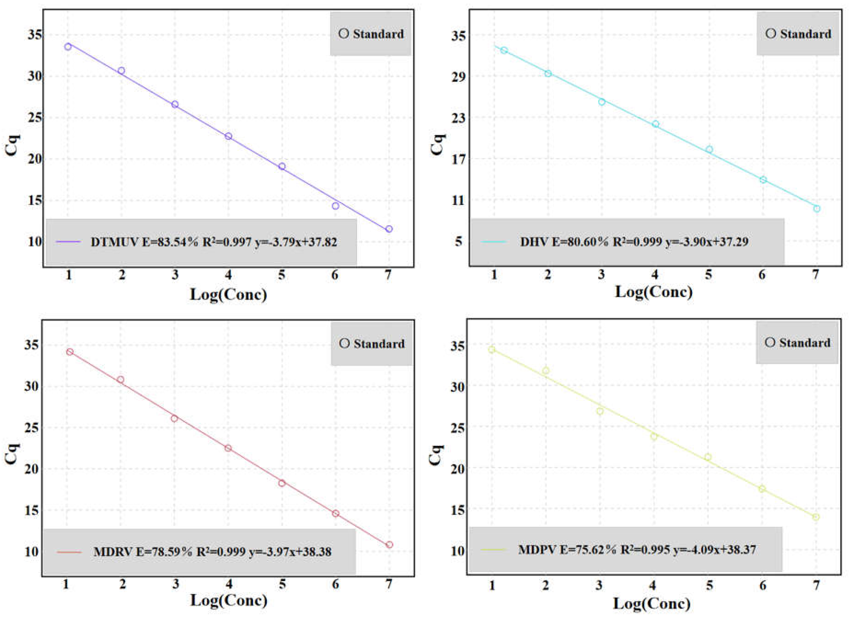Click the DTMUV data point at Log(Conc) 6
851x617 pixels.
click(335, 206)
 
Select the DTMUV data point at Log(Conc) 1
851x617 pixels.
click(68, 47)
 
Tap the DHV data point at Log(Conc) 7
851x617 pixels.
click(816, 209)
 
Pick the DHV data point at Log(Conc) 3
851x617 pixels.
click(602, 102)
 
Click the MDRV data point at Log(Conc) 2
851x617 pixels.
click(121, 379)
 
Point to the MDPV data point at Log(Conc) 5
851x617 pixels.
click(708, 457)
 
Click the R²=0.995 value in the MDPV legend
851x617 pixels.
click(645, 550)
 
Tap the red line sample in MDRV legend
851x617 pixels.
click(69, 552)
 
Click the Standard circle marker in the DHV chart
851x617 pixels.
click(771, 34)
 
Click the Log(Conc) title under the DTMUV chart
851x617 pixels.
click(229, 294)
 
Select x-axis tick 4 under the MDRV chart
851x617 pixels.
click(229, 584)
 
